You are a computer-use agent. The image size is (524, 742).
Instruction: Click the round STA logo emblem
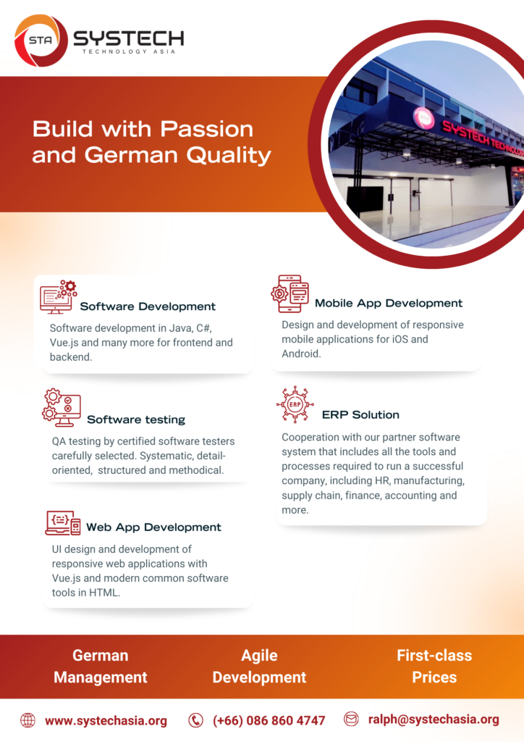point(41,41)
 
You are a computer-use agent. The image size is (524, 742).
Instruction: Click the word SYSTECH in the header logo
point(129,38)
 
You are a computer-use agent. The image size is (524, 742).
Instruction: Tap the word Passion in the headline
point(206,129)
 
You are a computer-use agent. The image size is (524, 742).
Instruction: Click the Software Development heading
point(148,307)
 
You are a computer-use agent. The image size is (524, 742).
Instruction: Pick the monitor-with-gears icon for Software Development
point(58,296)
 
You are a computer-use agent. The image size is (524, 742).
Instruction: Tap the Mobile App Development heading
point(389,304)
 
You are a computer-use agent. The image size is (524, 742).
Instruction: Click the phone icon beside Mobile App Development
point(290,293)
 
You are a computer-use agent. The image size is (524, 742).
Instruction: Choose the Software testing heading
point(136,420)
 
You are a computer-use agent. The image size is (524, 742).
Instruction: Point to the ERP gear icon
point(295,404)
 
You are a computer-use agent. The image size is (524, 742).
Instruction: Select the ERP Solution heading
point(360,415)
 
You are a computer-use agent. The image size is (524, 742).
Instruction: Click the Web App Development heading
point(153,528)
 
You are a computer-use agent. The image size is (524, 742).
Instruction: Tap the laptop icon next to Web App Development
point(63,523)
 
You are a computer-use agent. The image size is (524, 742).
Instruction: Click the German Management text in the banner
point(100,667)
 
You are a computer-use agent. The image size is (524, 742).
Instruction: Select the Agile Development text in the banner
point(259,667)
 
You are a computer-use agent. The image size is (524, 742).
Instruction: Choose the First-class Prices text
point(434,667)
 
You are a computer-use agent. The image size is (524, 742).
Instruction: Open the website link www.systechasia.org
point(106,721)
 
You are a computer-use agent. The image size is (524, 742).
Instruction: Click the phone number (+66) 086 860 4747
point(269,721)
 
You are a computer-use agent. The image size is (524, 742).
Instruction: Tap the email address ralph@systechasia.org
point(434,720)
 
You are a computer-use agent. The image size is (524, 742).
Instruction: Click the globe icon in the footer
point(28,721)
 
